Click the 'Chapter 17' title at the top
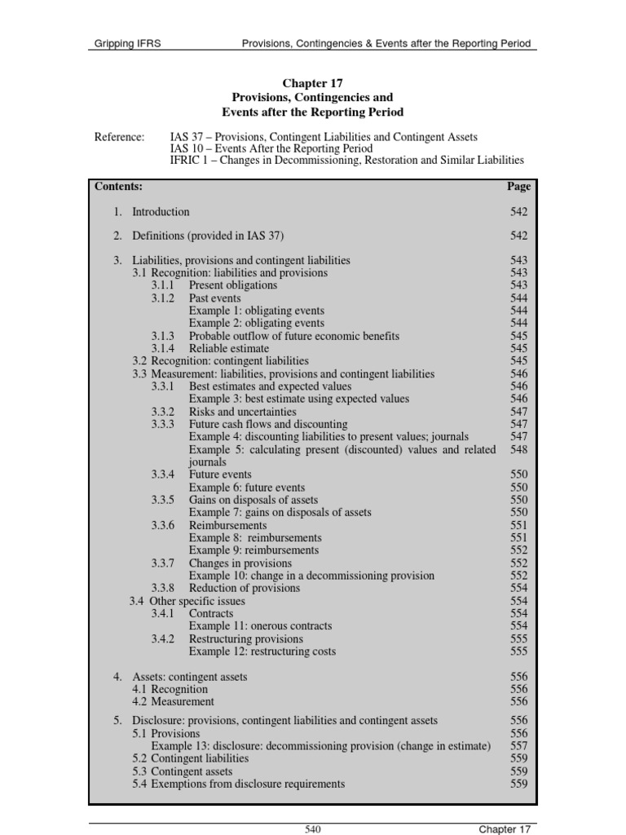tap(313, 82)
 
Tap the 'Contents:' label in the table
tap(119, 186)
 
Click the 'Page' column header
tap(518, 186)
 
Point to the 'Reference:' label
tap(119, 136)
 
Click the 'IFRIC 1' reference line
tap(346, 161)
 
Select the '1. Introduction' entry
tap(152, 212)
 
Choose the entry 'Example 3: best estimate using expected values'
tap(298, 399)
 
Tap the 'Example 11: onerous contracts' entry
tap(260, 626)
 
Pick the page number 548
tap(518, 449)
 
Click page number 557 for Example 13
tap(518, 746)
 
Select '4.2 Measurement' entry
tap(173, 701)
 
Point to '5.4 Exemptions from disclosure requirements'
tap(238, 784)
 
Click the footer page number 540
tap(313, 829)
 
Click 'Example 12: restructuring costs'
tap(262, 652)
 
